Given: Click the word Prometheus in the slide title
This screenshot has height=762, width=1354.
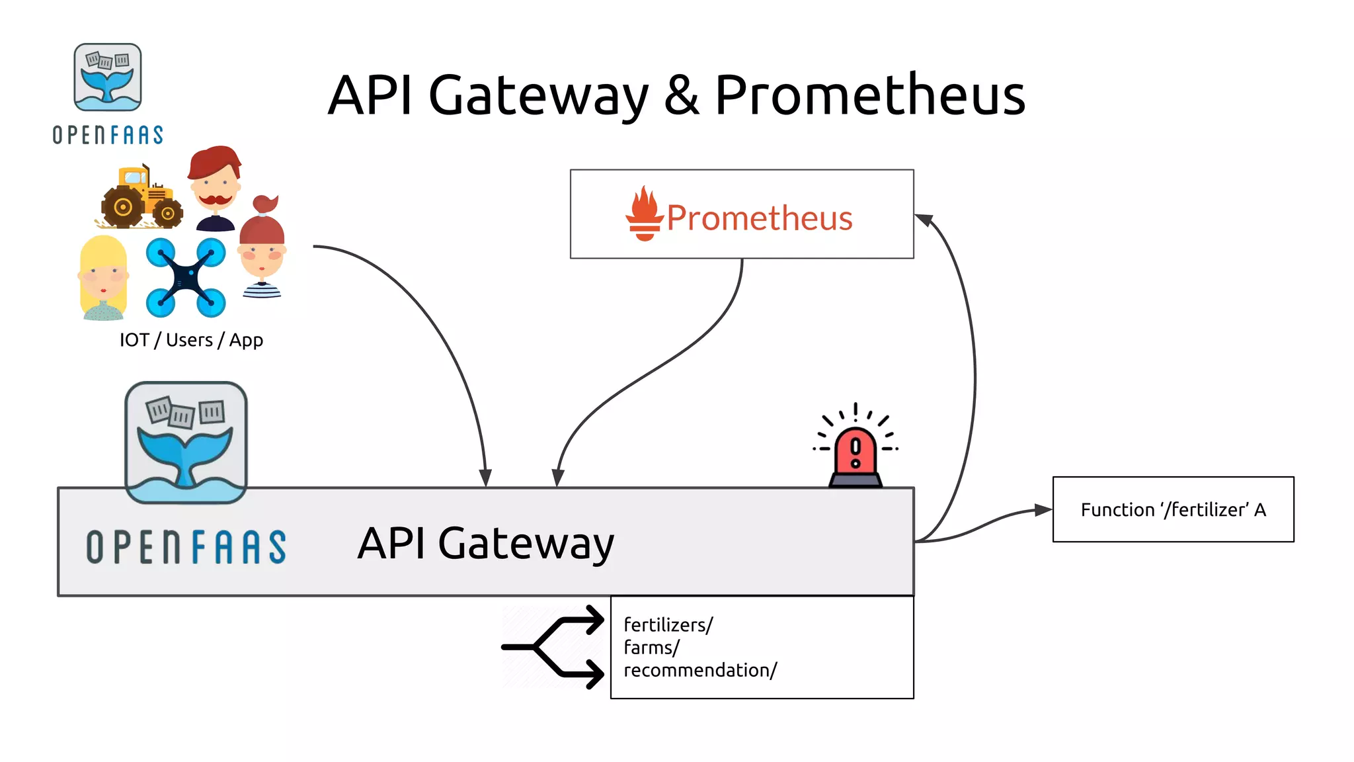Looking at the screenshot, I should pyautogui.click(x=869, y=95).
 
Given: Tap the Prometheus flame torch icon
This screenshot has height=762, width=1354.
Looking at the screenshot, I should pyautogui.click(x=644, y=214).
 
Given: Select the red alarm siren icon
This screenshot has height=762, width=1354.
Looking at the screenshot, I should pyautogui.click(x=856, y=454).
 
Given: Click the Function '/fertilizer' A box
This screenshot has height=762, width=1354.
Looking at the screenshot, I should pyautogui.click(x=1173, y=509).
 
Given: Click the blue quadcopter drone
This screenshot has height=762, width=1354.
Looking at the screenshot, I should pyautogui.click(x=186, y=277).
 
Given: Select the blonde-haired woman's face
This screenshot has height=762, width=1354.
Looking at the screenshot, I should pyautogui.click(x=103, y=277).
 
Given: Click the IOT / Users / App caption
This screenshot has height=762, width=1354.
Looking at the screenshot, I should pyautogui.click(x=191, y=340).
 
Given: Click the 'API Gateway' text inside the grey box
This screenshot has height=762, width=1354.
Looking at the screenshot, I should pyautogui.click(x=486, y=544).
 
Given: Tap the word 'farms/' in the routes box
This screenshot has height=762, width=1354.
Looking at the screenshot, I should pyautogui.click(x=651, y=648).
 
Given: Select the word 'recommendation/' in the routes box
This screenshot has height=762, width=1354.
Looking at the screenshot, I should pyautogui.click(x=700, y=670).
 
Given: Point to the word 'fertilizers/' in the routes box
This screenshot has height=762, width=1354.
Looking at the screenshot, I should pyautogui.click(x=668, y=625).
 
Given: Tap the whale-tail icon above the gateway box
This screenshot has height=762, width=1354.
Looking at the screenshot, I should pyautogui.click(x=186, y=442).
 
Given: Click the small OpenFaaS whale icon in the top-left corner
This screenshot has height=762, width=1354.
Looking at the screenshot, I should pyautogui.click(x=108, y=77).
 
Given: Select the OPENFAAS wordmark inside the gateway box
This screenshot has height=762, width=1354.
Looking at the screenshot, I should pyautogui.click(x=186, y=547).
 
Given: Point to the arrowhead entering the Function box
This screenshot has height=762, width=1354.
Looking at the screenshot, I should pyautogui.click(x=1043, y=510).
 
